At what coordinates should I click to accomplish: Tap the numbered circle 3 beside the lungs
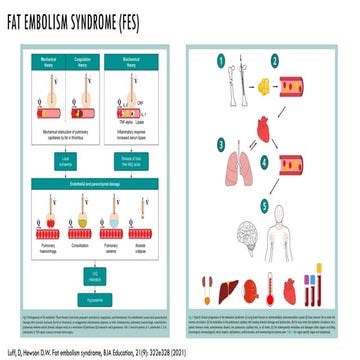click(x=217, y=144)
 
